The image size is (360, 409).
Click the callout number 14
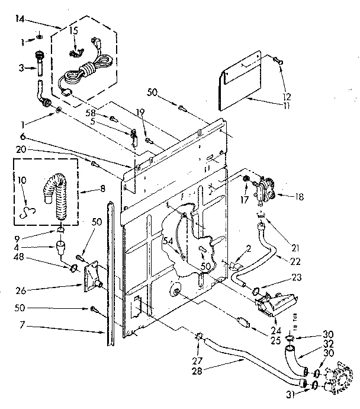20,20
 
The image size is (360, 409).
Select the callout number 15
73,30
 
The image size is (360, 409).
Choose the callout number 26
20,291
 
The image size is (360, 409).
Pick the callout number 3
20,68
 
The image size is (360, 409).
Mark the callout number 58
89,113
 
